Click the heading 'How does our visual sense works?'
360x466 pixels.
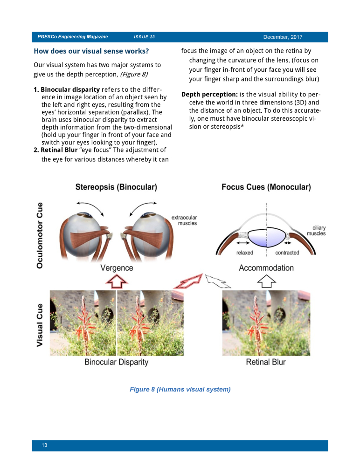pyautogui.click(x=91, y=51)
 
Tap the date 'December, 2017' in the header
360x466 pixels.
pyautogui.click(x=283, y=37)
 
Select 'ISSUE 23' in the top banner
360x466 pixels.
pyautogui.click(x=144, y=37)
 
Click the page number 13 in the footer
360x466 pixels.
pyautogui.click(x=44, y=445)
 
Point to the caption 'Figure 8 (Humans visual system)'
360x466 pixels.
pyautogui.click(x=180, y=389)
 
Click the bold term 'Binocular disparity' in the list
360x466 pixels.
pyautogui.click(x=70, y=89)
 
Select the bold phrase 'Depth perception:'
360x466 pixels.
pyautogui.click(x=209, y=95)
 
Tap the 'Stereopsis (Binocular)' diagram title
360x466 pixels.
pyautogui.click(x=116, y=187)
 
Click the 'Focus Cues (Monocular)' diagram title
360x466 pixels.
pyautogui.click(x=266, y=187)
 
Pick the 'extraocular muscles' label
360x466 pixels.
pyautogui.click(x=184, y=220)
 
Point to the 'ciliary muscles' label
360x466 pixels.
pyautogui.click(x=316, y=231)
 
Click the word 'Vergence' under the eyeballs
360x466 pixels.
pyautogui.click(x=117, y=268)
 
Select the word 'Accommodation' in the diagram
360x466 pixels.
pyautogui.click(x=266, y=268)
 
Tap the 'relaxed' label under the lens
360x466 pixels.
pyautogui.click(x=244, y=253)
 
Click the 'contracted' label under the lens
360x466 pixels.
pyautogui.click(x=287, y=253)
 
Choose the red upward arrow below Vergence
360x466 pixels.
pyautogui.click(x=117, y=281)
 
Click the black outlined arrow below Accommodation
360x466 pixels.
pyautogui.click(x=266, y=281)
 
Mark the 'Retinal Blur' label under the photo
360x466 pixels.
pyautogui.click(x=266, y=362)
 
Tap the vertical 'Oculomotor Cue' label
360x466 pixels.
pyautogui.click(x=40, y=235)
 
